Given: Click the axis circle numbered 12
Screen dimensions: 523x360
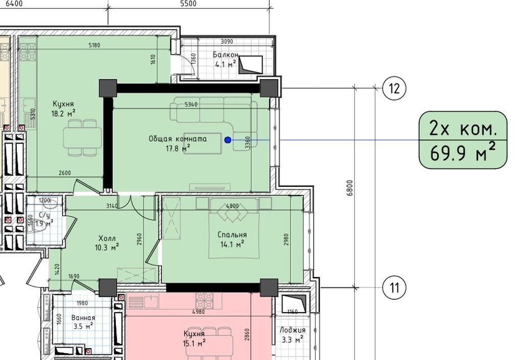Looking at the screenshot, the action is coord(394,89).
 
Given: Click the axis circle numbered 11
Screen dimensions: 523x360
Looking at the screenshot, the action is coord(394,287).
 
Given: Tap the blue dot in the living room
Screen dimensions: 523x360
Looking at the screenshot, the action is coord(228,140).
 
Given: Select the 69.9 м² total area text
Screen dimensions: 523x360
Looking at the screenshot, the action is coord(463,153).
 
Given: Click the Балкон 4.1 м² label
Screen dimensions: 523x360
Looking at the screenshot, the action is coord(226,59).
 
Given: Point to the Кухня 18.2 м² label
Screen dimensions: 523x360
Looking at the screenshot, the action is coord(63,109).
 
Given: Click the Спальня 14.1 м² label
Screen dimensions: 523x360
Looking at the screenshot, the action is coord(232,239).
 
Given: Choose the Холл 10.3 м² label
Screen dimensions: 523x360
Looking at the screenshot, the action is coord(107,243).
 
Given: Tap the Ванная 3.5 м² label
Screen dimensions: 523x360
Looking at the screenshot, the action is coord(83,322).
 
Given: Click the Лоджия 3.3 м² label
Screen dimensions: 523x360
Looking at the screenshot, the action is coord(292,334).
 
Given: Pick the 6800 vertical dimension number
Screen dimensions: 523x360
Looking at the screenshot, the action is coord(349,188).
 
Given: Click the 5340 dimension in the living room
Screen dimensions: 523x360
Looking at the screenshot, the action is coord(191,104).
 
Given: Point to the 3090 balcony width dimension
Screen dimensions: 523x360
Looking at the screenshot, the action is coord(227,42).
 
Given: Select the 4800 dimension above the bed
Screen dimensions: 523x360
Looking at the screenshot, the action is coord(232,206).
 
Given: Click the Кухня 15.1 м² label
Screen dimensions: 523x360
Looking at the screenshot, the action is coord(194,339).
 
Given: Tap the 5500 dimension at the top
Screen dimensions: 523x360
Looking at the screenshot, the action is coord(188,4).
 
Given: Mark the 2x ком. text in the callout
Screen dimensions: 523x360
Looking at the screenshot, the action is coord(463,128).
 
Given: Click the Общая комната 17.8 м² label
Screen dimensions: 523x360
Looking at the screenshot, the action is coord(178,143).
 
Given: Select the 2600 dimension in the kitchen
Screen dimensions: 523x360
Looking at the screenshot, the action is coord(65,173).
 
